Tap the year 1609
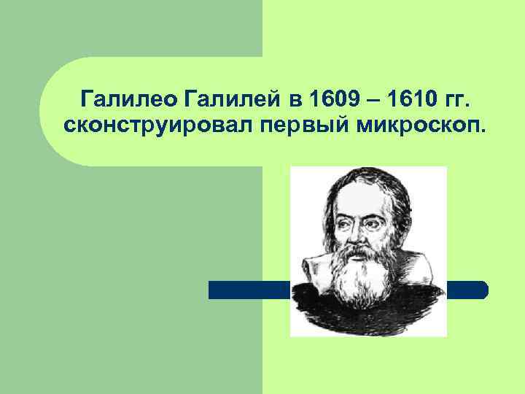pyautogui.click(x=335, y=98)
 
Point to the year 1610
pyautogui.click(x=414, y=98)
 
